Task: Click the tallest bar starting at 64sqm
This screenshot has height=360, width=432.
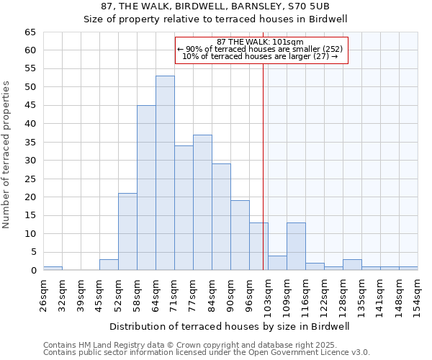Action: click(165, 173)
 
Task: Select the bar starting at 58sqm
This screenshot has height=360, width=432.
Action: click(146, 188)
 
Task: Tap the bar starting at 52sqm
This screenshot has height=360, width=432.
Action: click(127, 232)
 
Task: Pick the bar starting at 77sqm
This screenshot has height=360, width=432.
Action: click(202, 202)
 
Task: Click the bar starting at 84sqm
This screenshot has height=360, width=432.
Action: click(221, 217)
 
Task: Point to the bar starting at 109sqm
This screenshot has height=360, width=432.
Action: click(296, 246)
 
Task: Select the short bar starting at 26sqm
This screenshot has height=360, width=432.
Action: click(53, 269)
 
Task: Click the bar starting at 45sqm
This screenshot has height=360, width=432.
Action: click(109, 265)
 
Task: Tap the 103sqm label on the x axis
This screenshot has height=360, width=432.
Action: click(268, 293)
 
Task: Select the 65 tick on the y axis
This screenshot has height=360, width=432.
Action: click(30, 32)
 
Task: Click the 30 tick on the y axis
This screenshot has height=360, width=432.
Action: click(30, 161)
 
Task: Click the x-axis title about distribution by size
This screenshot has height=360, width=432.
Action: click(230, 326)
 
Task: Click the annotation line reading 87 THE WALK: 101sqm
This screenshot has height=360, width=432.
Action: click(261, 42)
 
